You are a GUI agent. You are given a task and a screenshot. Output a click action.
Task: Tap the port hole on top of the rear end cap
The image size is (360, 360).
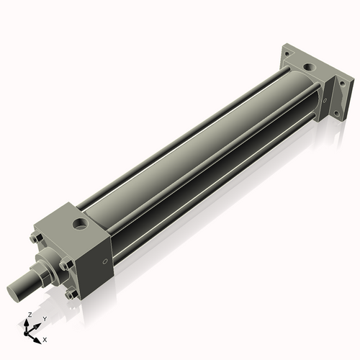[310, 69]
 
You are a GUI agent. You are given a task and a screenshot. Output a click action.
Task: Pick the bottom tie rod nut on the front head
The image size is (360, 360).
[69, 294]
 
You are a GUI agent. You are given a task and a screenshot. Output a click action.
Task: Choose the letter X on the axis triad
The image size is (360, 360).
[45, 338]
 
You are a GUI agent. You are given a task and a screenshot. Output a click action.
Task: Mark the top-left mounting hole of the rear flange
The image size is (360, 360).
[287, 53]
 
